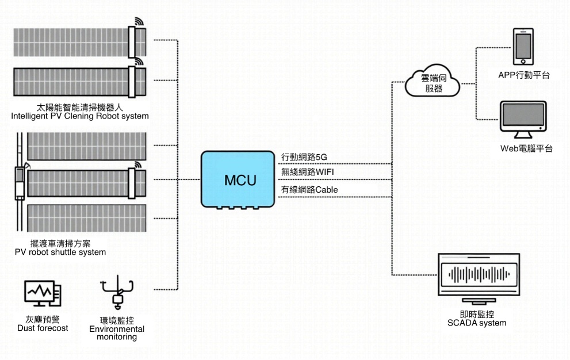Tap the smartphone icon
point(523,46)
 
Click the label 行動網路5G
point(304,157)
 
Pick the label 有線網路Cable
point(309,189)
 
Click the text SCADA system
point(477,323)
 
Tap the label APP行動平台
point(524,74)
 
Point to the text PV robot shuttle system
point(60,252)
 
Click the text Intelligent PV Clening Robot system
point(80,116)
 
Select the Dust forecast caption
point(43,328)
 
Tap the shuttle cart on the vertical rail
point(20,182)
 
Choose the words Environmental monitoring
point(117,333)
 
